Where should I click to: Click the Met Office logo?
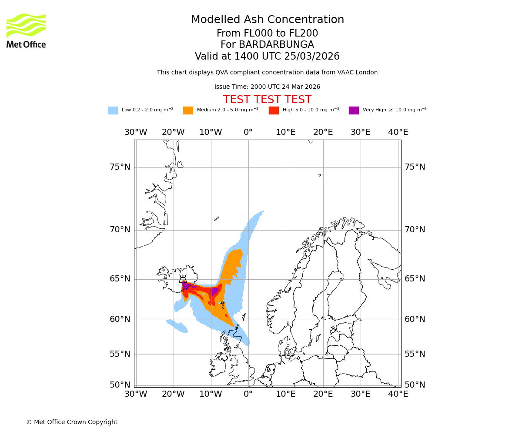(26, 30)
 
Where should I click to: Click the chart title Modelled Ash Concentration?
(267, 20)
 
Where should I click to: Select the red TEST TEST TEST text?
(267, 100)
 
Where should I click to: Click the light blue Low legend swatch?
(113, 110)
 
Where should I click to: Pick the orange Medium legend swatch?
(188, 110)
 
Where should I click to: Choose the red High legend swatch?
(274, 110)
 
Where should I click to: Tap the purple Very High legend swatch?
(354, 110)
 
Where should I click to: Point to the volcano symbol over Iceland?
(183, 279)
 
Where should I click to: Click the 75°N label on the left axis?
(120, 167)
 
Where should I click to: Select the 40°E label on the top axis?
(398, 132)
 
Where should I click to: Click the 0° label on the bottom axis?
(248, 394)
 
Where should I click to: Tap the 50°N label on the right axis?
(415, 385)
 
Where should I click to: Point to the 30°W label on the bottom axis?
(136, 394)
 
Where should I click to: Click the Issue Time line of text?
(267, 87)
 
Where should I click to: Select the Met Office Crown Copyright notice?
(72, 422)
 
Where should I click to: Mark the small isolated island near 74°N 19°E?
(319, 175)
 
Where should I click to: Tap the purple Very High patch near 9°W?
(214, 291)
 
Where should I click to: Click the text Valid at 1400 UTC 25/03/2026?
(267, 57)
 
